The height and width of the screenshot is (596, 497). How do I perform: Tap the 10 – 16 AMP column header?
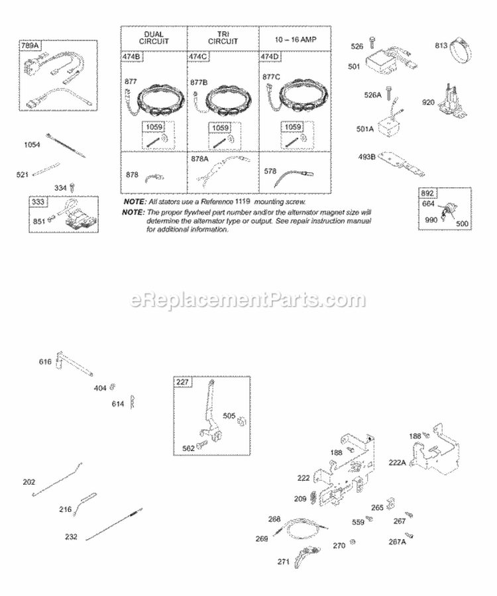(x=290, y=39)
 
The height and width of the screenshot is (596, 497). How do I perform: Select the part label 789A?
(x=31, y=46)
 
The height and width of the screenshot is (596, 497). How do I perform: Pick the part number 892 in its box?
(x=427, y=193)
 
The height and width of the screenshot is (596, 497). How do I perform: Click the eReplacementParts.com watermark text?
(x=248, y=300)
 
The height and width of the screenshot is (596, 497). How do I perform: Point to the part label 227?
(x=182, y=382)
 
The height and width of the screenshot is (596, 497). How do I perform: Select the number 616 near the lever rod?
(x=45, y=362)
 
